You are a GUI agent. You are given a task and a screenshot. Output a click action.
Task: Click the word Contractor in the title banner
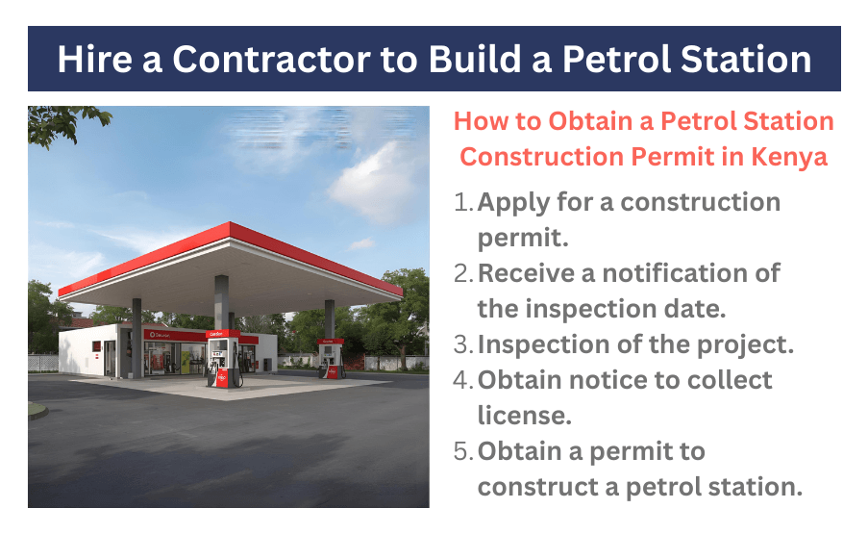point(271,60)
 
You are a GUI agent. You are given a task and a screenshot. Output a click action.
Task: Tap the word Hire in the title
point(94,60)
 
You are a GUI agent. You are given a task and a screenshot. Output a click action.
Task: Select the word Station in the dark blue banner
point(746,60)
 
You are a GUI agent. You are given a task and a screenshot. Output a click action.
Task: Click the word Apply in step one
point(513,203)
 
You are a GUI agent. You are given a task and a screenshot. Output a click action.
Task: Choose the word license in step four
point(524,416)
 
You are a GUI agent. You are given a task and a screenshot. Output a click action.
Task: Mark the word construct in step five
point(540,487)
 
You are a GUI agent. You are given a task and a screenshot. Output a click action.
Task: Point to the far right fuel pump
point(331,358)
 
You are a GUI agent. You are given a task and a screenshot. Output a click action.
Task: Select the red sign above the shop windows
point(175,335)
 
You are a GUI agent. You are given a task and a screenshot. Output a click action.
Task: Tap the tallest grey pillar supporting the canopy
point(221,303)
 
